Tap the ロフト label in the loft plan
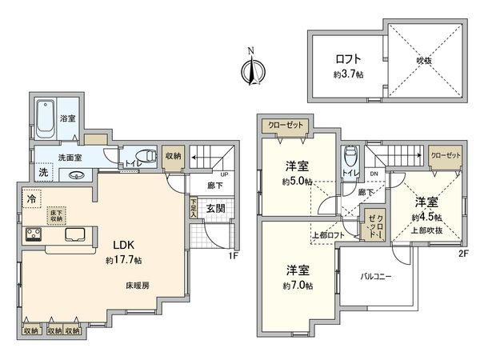click(x=347, y=58)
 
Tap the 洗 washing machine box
click(x=43, y=172)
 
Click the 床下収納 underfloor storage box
click(x=57, y=215)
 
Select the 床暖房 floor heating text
click(x=137, y=284)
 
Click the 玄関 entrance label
click(x=215, y=209)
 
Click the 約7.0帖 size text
click(x=298, y=286)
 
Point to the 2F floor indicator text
click(x=463, y=254)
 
